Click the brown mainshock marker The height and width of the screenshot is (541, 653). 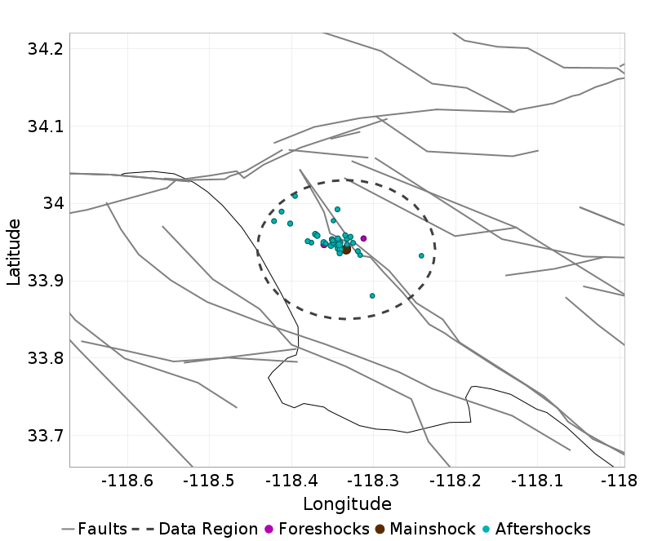click(x=346, y=250)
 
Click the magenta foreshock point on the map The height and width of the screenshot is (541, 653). click(x=363, y=238)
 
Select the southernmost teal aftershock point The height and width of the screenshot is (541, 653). click(x=372, y=296)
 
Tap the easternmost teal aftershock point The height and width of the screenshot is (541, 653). click(x=421, y=255)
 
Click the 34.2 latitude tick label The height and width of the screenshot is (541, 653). click(x=45, y=49)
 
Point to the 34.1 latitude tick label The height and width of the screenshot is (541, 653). click(x=45, y=126)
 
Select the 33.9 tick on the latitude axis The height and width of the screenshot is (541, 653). click(x=45, y=281)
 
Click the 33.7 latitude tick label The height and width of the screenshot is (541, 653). click(x=45, y=435)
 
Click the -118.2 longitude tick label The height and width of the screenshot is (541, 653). click(x=455, y=480)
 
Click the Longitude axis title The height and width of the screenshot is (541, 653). click(x=347, y=503)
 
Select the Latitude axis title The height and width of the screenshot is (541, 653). click(x=14, y=251)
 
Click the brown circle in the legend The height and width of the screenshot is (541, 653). click(x=380, y=529)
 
